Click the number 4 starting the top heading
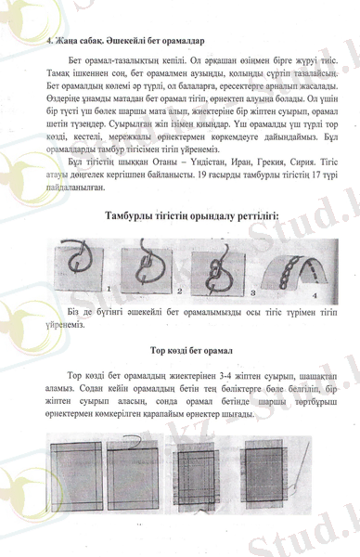tap(48, 42)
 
